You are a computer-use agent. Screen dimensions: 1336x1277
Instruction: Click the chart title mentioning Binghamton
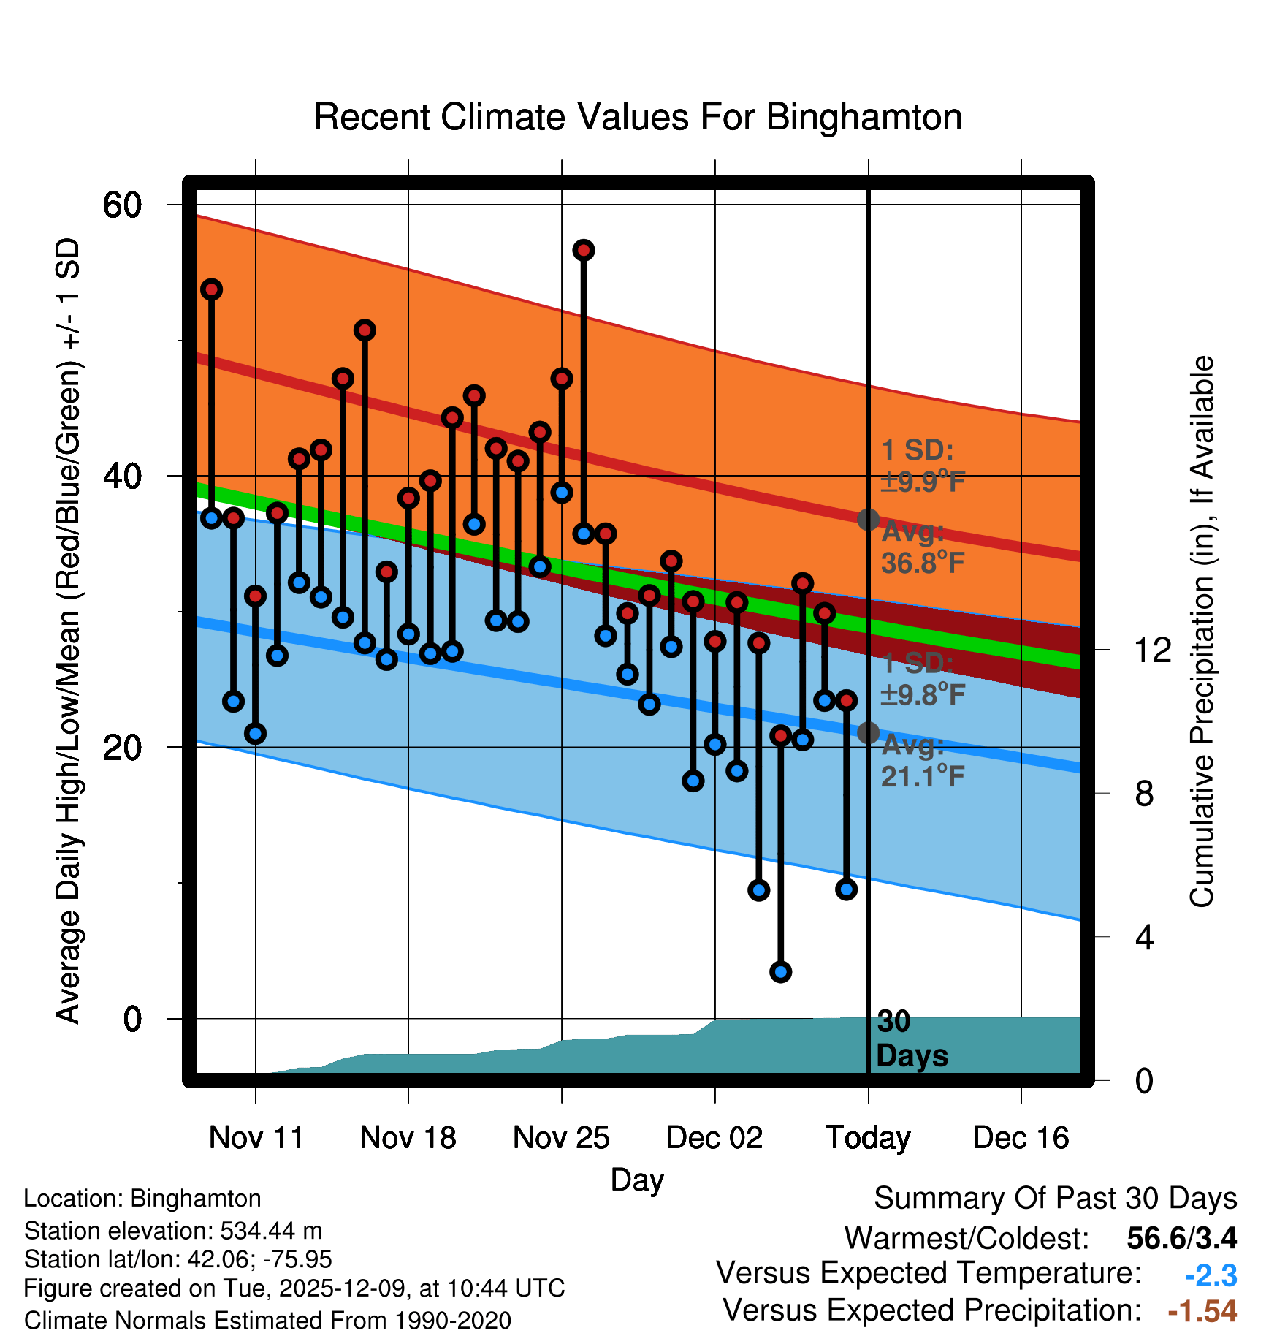638,117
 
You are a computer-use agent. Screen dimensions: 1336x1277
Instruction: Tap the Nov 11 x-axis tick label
256,1138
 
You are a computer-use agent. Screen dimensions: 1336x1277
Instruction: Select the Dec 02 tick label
714,1138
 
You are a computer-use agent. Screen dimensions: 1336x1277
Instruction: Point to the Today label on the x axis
868,1138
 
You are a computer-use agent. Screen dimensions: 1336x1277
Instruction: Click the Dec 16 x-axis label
1021,1138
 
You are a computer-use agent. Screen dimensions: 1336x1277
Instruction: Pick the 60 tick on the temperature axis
123,205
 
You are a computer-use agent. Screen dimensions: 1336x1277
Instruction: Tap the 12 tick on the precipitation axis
1152,649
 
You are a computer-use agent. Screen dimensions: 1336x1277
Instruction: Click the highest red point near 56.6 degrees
584,251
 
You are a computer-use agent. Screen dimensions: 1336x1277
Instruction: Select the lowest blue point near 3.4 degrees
780,971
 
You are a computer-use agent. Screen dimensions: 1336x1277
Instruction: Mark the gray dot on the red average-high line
868,520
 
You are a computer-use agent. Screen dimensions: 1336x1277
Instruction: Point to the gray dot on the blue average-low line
868,732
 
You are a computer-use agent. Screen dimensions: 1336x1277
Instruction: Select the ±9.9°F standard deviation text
923,482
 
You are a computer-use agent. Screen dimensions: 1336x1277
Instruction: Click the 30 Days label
911,1039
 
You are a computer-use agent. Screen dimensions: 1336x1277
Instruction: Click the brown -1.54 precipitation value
1202,1311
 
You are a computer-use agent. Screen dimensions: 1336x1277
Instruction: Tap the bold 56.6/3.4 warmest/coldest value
1181,1238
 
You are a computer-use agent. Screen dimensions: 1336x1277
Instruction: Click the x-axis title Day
637,1179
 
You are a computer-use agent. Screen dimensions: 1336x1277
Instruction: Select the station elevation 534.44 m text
173,1231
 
